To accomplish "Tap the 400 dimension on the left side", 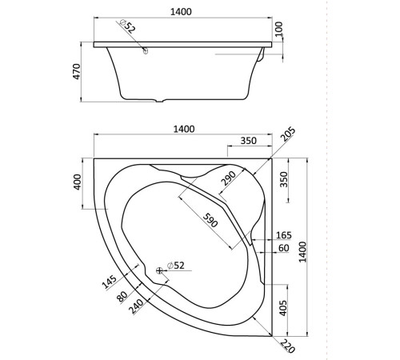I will coord(78,182).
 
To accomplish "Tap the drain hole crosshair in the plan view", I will coord(160,270).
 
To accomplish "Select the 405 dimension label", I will coord(285,308).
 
